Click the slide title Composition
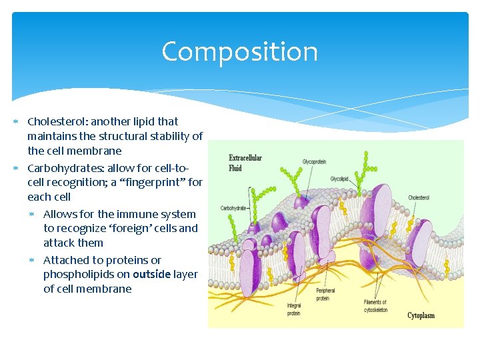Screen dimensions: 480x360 [x=239, y=52]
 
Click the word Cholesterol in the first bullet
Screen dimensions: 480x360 [x=57, y=121]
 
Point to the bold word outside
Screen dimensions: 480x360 [x=151, y=275]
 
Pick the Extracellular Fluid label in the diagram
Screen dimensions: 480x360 [x=245, y=163]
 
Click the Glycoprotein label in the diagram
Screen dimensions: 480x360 [x=314, y=162]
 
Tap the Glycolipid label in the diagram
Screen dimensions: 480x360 [x=339, y=179]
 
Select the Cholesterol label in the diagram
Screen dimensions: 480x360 [x=419, y=197]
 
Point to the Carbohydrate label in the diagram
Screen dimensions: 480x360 [x=233, y=208]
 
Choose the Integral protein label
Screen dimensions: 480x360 [x=294, y=309]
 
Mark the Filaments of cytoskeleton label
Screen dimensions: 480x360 [x=375, y=306]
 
